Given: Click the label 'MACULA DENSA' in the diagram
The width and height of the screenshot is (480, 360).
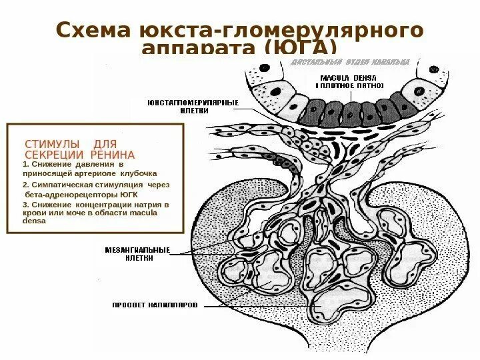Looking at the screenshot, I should coord(349,77).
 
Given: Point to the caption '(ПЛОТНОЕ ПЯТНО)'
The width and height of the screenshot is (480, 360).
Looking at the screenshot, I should coord(349,87).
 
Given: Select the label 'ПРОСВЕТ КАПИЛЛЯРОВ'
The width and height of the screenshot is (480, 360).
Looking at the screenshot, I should coord(155,306).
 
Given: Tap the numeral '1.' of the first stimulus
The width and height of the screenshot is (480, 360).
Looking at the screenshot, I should coord(25,163).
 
